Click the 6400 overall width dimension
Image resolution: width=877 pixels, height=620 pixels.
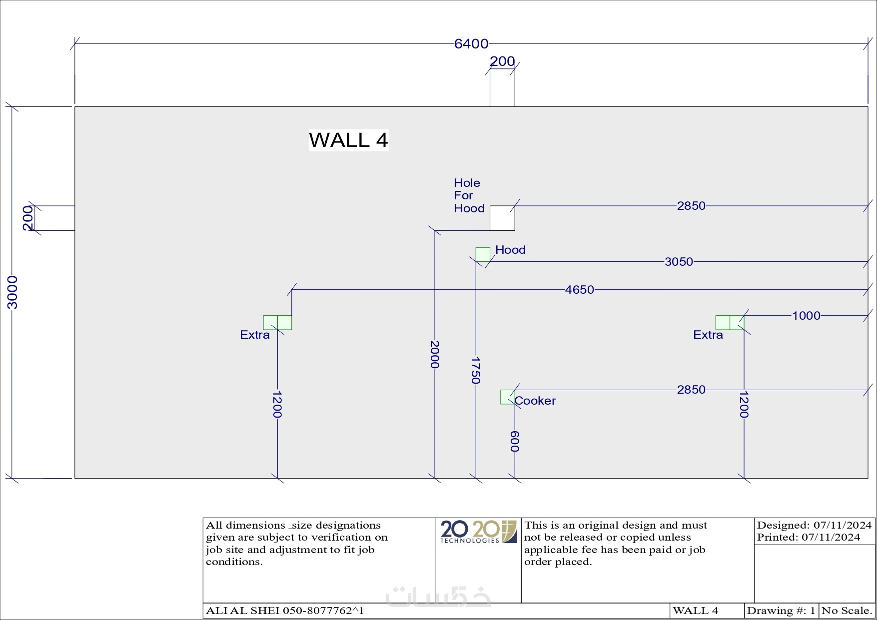471,44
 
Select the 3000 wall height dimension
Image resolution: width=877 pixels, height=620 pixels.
12,292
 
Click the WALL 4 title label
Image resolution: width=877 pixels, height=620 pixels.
348,140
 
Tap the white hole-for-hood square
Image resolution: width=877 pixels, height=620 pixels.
502,218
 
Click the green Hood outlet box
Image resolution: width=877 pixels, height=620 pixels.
483,254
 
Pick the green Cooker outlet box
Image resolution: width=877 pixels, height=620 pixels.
507,397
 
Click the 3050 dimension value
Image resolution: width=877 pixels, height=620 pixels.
679,262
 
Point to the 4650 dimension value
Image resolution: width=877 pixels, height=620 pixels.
579,290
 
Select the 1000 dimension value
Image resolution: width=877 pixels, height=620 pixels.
806,316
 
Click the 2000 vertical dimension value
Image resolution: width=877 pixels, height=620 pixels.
435,354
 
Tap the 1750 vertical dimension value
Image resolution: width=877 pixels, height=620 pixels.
476,370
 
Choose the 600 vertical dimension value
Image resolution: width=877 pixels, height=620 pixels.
515,441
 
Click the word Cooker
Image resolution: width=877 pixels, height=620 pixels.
535,401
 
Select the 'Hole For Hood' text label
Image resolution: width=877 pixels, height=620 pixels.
469,196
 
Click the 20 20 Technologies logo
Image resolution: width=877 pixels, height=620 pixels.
478,532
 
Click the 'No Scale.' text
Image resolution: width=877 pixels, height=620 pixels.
847,611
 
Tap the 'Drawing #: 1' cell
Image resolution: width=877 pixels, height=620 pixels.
781,611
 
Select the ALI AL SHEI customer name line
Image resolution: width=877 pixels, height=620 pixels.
285,611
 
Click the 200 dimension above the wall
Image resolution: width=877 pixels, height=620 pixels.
502,61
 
